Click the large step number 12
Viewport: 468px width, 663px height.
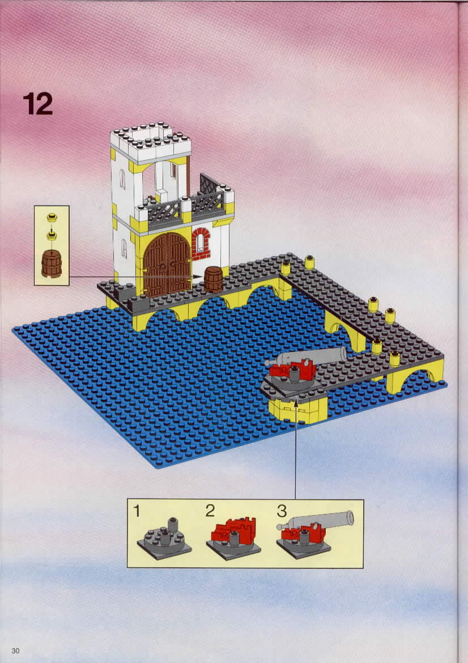tap(38, 104)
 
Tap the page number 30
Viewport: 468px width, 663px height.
tap(15, 651)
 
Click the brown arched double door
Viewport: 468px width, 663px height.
tap(167, 264)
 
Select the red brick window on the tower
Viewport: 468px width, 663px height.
tap(201, 244)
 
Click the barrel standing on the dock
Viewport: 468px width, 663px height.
tap(214, 279)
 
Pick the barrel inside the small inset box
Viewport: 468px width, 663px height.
tap(52, 263)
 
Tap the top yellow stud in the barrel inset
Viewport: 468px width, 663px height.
tap(52, 218)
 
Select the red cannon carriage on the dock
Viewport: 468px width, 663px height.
tap(293, 370)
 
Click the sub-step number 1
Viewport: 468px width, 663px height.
tap(137, 511)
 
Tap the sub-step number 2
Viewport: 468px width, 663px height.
tap(210, 511)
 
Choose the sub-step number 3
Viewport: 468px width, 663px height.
tap(282, 511)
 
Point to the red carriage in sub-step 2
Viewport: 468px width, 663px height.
tap(233, 530)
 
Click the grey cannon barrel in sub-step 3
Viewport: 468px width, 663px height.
tap(316, 520)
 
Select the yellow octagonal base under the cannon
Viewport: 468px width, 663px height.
tap(298, 410)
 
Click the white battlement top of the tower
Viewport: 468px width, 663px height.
tap(151, 142)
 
